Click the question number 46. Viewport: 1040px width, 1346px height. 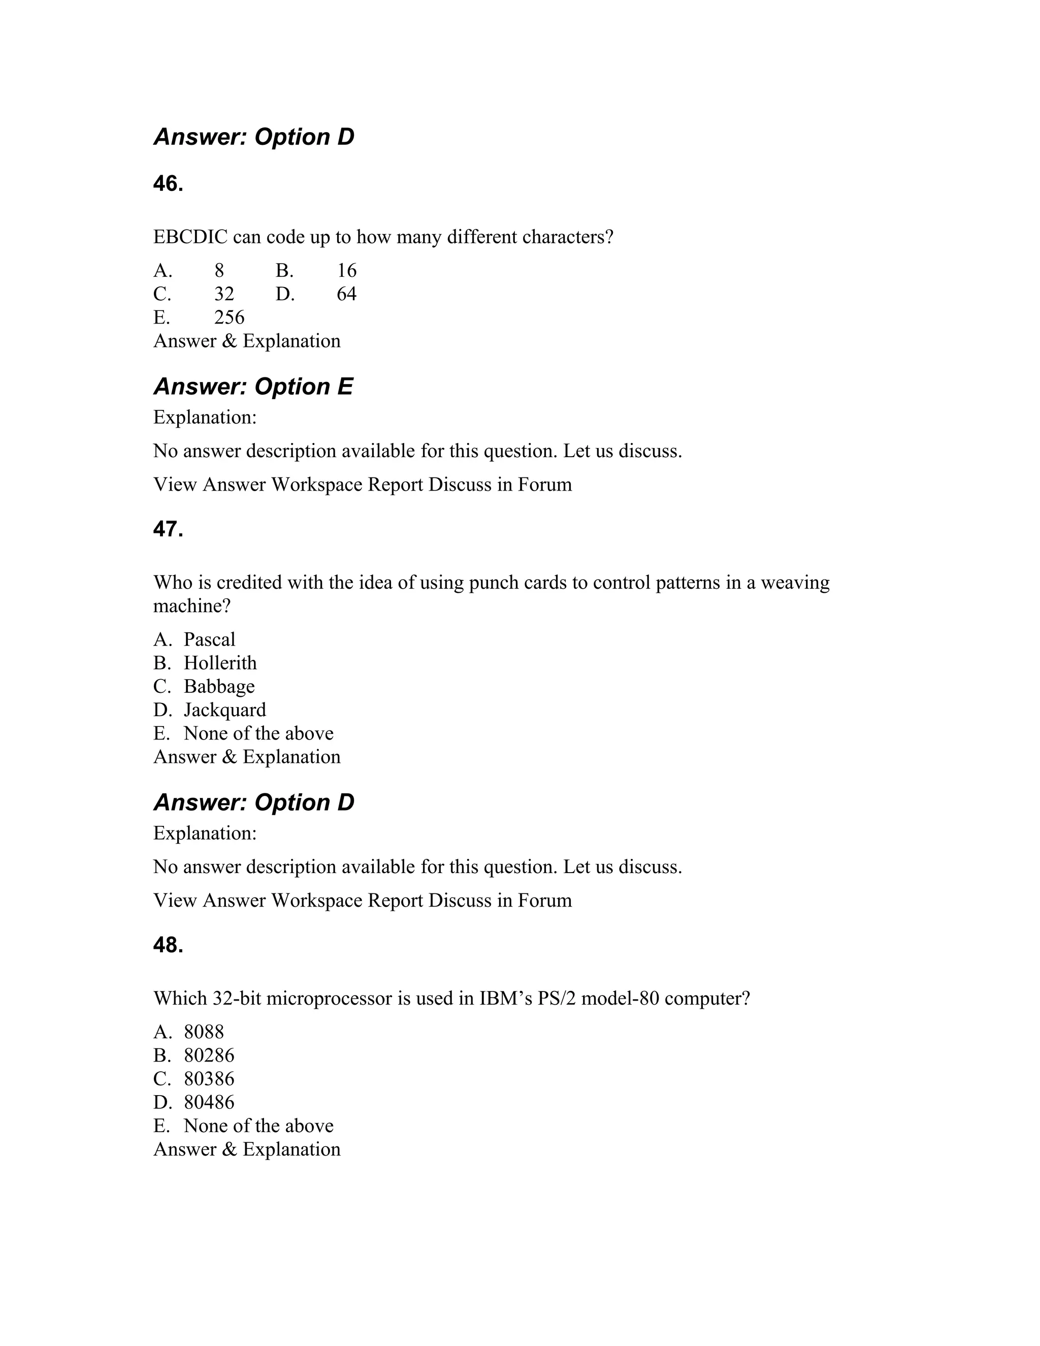[168, 184]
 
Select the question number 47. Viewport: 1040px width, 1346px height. [168, 529]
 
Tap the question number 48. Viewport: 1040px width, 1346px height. [168, 945]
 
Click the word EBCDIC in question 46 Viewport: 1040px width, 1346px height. [190, 237]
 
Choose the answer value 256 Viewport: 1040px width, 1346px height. [229, 317]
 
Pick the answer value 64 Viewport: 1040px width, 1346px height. [346, 294]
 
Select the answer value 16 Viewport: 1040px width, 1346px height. [347, 271]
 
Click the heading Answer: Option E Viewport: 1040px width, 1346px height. [253, 387]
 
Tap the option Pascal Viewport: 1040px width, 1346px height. [210, 639]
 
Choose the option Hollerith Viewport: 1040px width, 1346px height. [220, 662]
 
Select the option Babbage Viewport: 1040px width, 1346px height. [219, 686]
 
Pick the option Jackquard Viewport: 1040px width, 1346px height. [225, 710]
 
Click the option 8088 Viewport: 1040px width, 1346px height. [204, 1032]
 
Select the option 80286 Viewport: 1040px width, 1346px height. [209, 1055]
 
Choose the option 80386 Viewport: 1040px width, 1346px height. [209, 1078]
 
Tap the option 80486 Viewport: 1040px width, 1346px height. [209, 1102]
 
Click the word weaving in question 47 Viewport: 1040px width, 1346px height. [795, 583]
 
